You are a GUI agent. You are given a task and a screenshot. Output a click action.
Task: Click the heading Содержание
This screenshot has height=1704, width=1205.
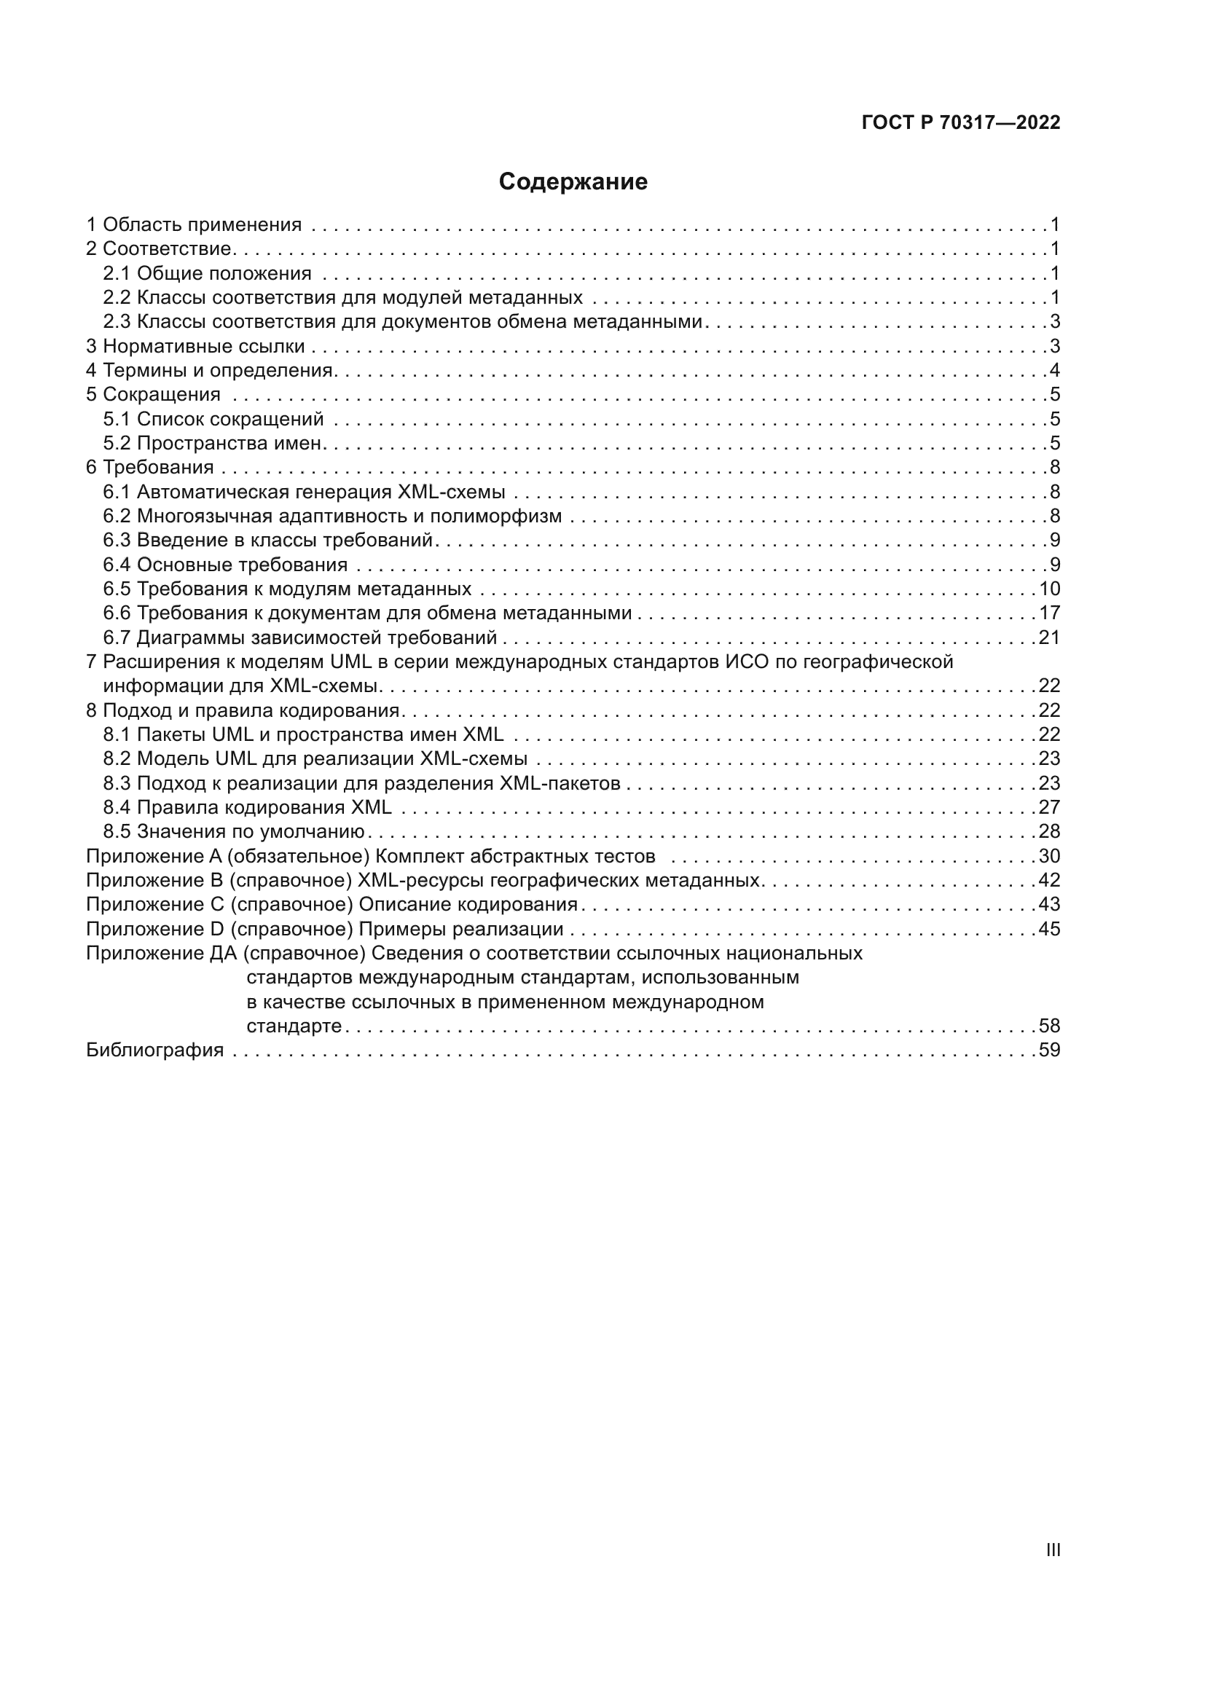pos(573,182)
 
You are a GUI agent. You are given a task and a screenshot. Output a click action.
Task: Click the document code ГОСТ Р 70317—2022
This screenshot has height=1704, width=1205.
pos(961,122)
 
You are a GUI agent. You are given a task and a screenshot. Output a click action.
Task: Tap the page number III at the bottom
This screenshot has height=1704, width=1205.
pos(1052,1550)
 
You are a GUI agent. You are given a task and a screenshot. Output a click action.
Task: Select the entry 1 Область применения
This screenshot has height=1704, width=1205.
pos(194,224)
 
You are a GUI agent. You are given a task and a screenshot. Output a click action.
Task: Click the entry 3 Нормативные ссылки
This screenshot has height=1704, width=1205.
pos(195,346)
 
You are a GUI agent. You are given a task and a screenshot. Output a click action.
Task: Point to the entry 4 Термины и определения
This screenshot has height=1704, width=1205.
pos(208,370)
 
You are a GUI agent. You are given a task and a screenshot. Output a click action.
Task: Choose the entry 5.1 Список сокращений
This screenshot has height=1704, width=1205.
pos(213,419)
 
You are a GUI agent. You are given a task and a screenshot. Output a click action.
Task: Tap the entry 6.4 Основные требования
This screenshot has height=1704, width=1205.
pos(226,565)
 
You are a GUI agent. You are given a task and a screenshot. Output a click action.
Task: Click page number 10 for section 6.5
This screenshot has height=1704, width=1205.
pos(1049,589)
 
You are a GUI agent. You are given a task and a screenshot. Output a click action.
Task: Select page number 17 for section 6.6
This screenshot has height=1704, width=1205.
pos(1049,613)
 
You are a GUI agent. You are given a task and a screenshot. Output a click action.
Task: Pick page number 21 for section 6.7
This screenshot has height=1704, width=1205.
pos(1049,637)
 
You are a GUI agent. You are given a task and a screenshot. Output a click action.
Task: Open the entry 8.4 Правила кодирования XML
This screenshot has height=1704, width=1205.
pos(247,807)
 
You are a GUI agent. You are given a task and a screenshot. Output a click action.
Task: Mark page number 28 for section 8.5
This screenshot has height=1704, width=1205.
pos(1049,831)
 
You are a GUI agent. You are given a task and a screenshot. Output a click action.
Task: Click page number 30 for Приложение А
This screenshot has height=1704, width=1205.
pos(1049,856)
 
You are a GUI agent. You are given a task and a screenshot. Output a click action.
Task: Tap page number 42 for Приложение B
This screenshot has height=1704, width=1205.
pos(1049,880)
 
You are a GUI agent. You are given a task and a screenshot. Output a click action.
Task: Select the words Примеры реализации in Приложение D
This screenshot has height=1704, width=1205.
pos(460,929)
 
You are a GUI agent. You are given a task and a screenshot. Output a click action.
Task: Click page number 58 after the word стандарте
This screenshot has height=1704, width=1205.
pos(1049,1026)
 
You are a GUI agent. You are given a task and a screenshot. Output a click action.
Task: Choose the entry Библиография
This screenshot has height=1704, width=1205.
pos(155,1051)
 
